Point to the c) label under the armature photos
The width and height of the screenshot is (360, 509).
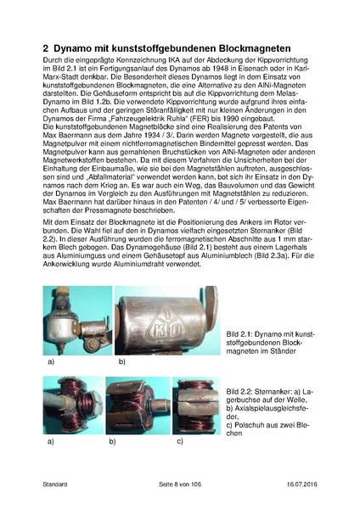pos(178,442)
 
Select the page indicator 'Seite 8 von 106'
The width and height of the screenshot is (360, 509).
pos(182,484)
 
